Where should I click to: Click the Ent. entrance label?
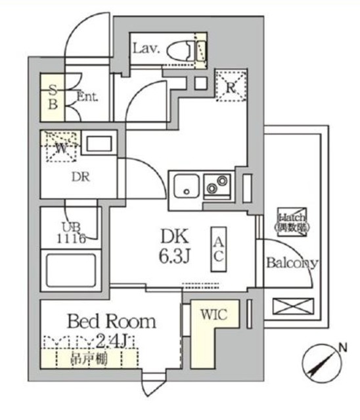pos(87,96)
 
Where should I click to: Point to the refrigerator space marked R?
pos(231,86)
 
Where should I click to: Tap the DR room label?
pos(81,177)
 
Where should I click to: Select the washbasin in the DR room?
pos(99,145)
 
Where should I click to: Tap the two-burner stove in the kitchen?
pos(217,185)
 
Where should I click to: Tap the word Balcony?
pos(292,263)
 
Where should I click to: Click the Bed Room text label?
pos(112,322)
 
